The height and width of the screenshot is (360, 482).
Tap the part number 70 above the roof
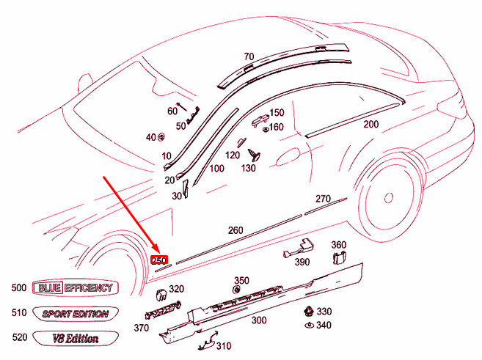tap(249, 56)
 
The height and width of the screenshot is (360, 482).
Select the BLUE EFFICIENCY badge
tap(76, 287)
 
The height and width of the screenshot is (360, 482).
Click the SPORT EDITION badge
tap(76, 314)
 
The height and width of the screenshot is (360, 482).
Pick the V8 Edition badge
tap(76, 339)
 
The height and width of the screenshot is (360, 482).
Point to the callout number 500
tap(20, 287)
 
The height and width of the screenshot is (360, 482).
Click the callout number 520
tap(20, 339)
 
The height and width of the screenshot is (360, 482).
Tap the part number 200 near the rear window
tap(370, 124)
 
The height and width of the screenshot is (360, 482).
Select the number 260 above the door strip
tap(235, 230)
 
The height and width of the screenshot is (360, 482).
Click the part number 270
tap(324, 199)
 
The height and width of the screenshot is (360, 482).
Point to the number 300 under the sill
tap(258, 320)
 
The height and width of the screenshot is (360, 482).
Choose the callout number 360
tap(338, 245)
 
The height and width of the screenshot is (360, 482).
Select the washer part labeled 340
tap(309, 324)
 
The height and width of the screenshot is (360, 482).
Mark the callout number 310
tap(223, 346)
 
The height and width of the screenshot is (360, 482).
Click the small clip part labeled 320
tap(157, 295)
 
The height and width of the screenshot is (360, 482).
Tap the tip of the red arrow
tap(157, 251)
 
